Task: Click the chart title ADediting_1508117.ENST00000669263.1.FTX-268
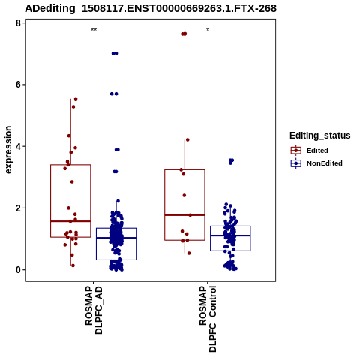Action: pos(151,8)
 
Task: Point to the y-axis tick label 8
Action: pos(18,23)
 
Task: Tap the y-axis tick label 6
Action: pos(18,85)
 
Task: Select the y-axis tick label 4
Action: pos(18,146)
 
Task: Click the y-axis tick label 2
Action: pos(18,208)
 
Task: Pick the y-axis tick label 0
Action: pos(18,270)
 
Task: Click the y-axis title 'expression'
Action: pos(8,150)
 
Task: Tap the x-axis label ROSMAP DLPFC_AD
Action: pos(94,310)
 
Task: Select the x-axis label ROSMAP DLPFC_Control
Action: pos(208,319)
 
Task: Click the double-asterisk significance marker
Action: pos(94,30)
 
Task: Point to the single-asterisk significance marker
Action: pos(208,30)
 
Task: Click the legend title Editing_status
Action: pos(320,136)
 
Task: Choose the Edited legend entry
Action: pos(310,151)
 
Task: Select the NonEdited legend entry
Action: pos(316,163)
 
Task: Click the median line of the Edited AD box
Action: pos(70,221)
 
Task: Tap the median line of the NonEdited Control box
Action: pos(230,235)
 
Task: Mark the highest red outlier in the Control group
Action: pos(184,34)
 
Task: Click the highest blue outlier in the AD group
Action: pos(115,53)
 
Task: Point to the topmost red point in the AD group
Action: pos(76,99)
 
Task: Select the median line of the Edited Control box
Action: pos(184,215)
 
